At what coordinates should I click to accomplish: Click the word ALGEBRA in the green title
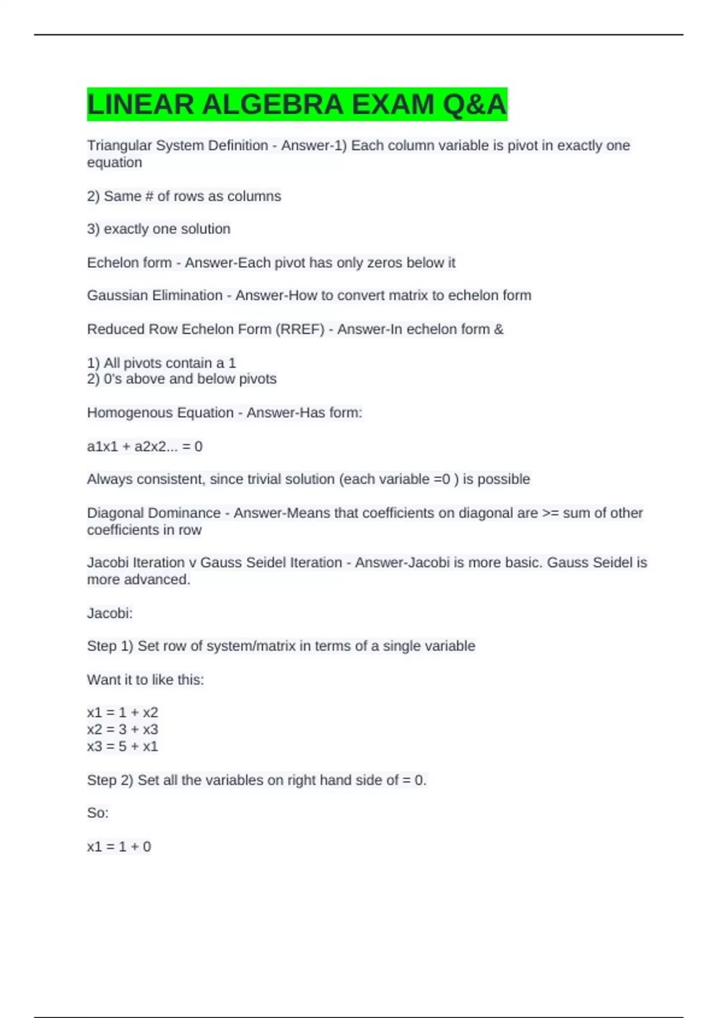click(x=272, y=105)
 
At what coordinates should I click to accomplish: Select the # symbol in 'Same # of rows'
click(x=149, y=196)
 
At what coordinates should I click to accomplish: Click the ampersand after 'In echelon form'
click(x=499, y=329)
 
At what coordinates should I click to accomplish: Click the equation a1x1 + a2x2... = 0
click(x=145, y=447)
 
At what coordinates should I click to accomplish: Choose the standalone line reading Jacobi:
click(x=109, y=613)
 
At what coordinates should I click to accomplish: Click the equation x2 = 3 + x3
click(x=123, y=729)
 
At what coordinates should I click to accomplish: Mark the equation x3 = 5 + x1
click(x=123, y=746)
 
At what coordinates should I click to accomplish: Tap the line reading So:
click(x=98, y=813)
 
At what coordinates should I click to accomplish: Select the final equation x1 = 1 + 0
click(x=119, y=847)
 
